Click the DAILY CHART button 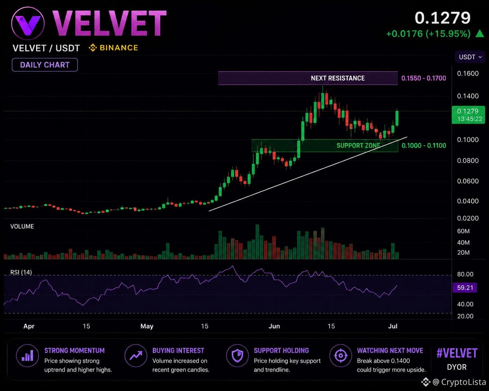coord(45,65)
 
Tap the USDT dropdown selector coord(470,57)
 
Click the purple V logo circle coord(28,23)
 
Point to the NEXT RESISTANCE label coord(338,78)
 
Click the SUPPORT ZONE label coord(358,145)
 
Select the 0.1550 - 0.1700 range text coord(423,78)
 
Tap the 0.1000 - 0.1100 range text coord(424,145)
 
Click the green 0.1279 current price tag coord(468,115)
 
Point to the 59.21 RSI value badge coord(465,288)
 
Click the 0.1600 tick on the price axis coord(468,74)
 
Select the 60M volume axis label coord(463,231)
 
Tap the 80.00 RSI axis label coord(465,274)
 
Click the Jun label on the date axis coord(274,326)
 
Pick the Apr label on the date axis coord(29,326)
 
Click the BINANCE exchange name coord(119,48)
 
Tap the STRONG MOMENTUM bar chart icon coord(27,355)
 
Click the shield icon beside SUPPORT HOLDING coord(237,355)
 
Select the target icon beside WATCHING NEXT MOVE coord(341,355)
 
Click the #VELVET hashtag coord(457,353)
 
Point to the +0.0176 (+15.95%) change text coord(428,34)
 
